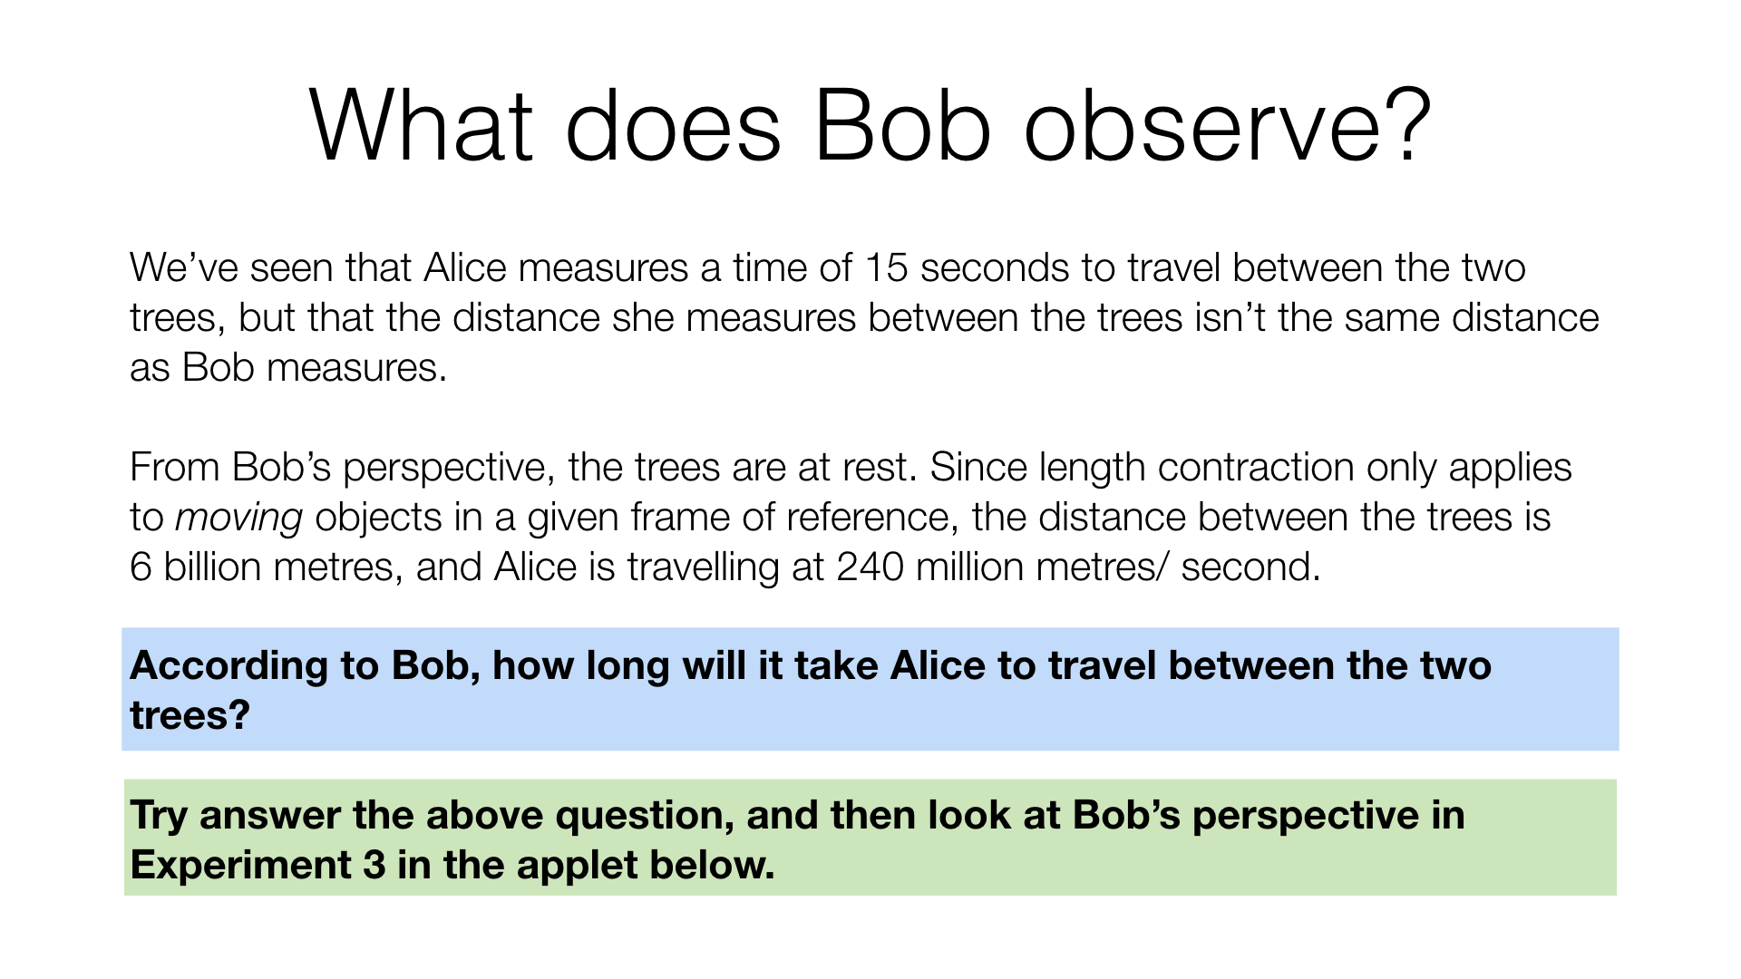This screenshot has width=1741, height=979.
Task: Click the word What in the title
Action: pos(420,126)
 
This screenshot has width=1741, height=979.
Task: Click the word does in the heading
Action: pos(672,126)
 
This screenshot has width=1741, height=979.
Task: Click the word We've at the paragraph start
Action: pos(182,267)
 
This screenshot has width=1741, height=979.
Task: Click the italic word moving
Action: pos(238,518)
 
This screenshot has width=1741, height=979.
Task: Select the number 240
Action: pos(870,567)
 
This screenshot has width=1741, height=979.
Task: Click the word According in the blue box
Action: pos(229,666)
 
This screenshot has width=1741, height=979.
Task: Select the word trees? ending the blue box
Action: pos(190,716)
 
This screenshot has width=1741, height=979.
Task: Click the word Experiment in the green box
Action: pos(240,865)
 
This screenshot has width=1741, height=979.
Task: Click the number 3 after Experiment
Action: pos(374,865)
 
